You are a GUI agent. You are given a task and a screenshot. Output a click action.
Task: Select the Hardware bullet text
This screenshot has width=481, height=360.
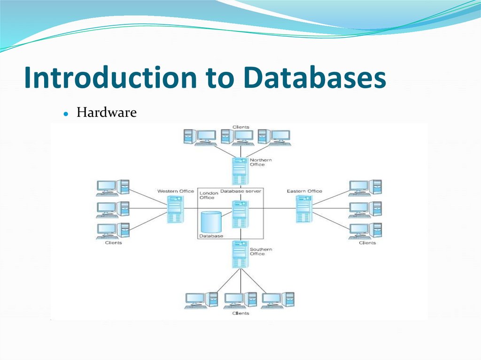107,113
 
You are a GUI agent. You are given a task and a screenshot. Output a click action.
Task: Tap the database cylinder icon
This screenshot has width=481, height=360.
210,222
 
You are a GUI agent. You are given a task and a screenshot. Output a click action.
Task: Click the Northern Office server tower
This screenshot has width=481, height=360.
240,171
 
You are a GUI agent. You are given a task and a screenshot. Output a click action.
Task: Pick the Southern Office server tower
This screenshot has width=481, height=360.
240,253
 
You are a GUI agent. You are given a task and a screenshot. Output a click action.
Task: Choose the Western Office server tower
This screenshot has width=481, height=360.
175,209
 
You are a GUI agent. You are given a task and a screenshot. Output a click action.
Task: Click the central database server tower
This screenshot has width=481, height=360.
240,214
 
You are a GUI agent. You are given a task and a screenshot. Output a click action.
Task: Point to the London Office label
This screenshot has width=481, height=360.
209,195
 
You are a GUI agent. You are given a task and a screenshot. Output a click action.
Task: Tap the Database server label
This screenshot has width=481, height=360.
241,191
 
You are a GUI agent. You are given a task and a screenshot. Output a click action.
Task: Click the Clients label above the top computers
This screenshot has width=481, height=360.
240,127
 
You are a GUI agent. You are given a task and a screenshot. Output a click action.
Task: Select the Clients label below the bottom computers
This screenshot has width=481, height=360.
240,313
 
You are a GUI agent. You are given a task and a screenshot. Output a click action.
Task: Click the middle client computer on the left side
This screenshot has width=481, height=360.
113,209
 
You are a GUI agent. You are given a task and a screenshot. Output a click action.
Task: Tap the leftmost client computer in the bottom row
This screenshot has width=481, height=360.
201,300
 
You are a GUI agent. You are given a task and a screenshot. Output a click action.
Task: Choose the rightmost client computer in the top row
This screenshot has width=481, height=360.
274,137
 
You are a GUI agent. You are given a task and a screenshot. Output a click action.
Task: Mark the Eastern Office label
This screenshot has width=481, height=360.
304,191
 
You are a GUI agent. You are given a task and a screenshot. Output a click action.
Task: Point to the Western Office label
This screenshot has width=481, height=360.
175,191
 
